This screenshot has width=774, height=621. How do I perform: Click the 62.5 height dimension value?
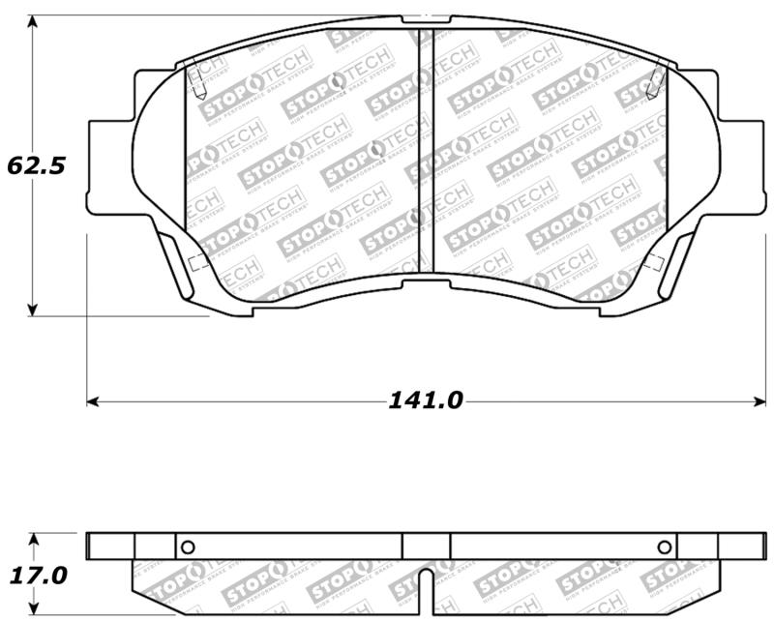pos(36,164)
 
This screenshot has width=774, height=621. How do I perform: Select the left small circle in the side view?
pos(188,547)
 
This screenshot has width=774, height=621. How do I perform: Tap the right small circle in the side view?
pos(664,547)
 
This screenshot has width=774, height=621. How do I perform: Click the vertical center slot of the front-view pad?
pos(425,155)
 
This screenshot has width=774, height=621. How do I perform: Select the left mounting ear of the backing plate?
pos(108,166)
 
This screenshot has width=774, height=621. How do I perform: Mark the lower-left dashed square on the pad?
pos(199,262)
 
